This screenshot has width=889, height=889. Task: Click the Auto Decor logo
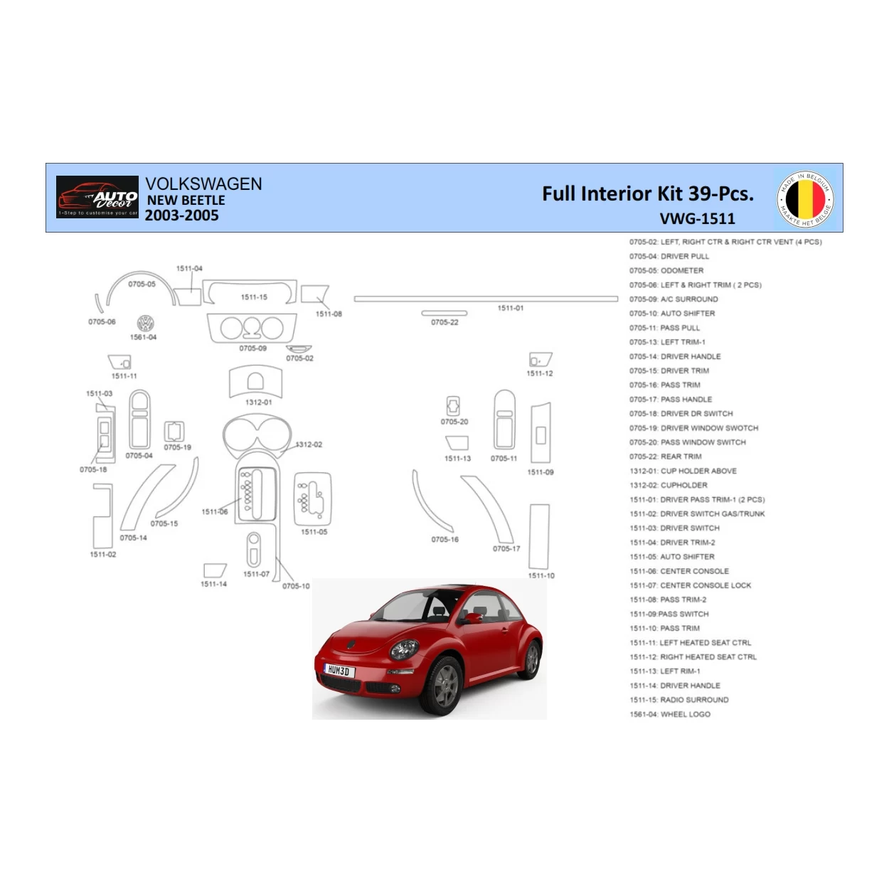pos(97,197)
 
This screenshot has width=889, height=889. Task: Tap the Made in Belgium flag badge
pos(805,199)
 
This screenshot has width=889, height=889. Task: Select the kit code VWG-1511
pos(696,219)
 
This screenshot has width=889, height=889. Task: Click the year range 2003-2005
pos(182,215)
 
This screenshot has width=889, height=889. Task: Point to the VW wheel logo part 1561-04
pos(145,324)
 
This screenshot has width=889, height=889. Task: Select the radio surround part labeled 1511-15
pos(250,292)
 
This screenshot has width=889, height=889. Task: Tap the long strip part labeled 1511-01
pos(486,299)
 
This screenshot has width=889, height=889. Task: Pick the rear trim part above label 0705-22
pos(445,313)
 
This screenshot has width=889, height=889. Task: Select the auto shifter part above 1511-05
pos(313,498)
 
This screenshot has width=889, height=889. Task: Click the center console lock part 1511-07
pos(254,549)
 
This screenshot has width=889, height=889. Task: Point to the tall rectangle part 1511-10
pos(539,537)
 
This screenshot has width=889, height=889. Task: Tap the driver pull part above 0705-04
pos(139,420)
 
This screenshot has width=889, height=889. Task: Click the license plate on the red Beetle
pos(339,670)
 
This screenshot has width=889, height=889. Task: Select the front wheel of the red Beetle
pos(445,684)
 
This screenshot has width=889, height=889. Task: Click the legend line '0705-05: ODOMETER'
pos(666,271)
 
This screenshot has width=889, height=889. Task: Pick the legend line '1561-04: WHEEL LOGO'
pos(669,714)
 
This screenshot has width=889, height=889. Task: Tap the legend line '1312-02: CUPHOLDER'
pos(668,485)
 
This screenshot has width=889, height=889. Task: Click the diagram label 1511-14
pos(213,584)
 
